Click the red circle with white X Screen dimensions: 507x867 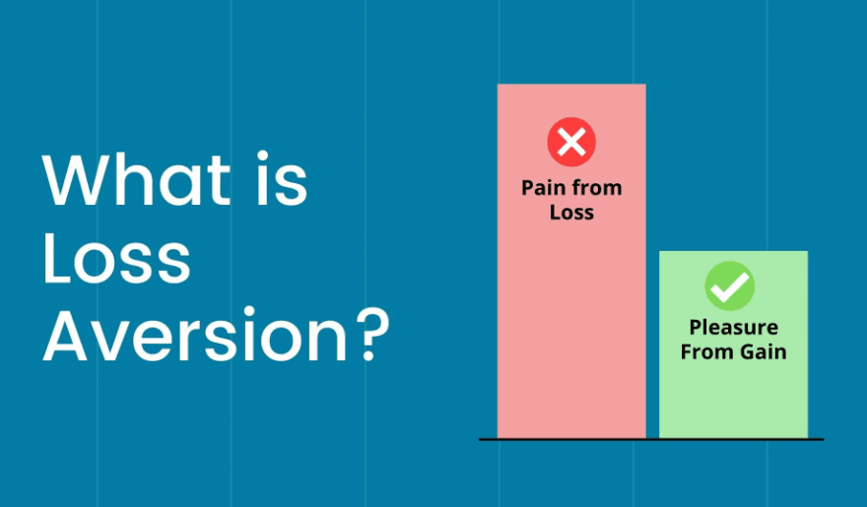571,142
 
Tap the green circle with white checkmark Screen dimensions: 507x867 730,286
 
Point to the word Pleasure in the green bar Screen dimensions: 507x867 733,328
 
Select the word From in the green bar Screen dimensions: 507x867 704,351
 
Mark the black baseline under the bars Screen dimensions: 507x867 650,439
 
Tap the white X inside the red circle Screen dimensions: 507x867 571,142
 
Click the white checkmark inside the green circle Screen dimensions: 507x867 730,286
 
